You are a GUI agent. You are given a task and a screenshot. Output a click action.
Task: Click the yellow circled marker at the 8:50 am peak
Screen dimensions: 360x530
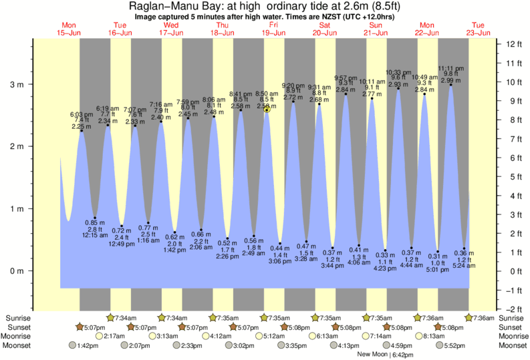267,110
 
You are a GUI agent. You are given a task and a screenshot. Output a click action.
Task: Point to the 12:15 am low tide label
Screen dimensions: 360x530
96,234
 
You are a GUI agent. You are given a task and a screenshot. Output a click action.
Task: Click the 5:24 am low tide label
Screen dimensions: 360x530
464,265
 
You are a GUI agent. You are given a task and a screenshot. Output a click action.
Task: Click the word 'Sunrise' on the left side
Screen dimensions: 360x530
19,317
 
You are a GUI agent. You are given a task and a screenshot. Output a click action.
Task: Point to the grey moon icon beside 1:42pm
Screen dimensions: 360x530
73,345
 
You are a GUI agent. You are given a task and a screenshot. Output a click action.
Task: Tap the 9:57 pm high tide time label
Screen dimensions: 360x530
346,77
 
